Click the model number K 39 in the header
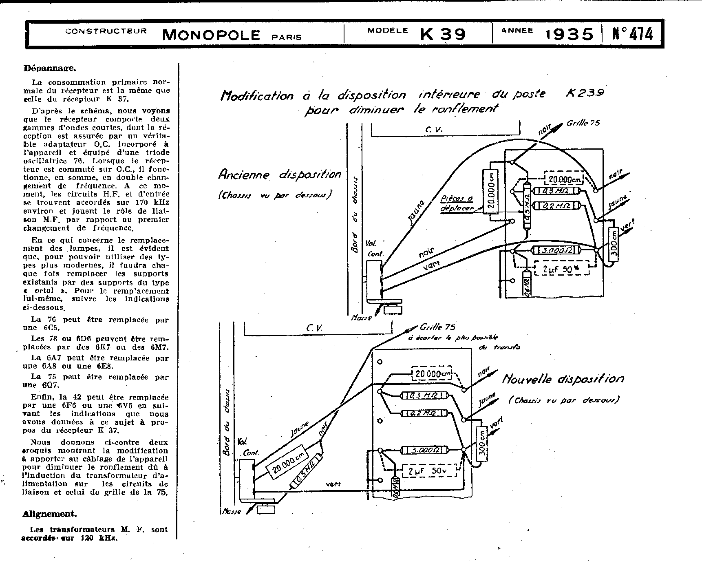tap(443, 33)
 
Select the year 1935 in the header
tap(570, 34)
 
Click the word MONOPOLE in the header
tap(211, 35)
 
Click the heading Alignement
tap(49, 514)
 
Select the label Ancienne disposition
tap(280, 174)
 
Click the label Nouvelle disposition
tap(563, 379)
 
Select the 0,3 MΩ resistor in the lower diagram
tap(424, 395)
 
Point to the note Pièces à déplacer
tap(457, 203)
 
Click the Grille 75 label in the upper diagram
tap(583, 123)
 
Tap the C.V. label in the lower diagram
tap(314, 327)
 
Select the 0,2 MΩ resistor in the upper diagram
tap(557, 206)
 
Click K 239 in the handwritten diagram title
tap(585, 93)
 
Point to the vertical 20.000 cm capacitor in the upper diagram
tap(491, 191)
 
